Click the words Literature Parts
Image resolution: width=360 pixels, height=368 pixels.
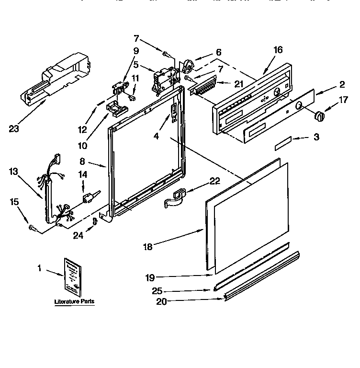(74, 302)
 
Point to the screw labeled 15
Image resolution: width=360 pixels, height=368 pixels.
(33, 227)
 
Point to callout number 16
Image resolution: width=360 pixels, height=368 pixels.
(279, 50)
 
